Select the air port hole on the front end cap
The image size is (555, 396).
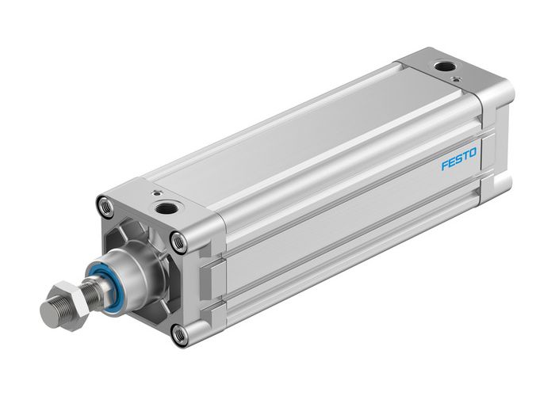[168, 209]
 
